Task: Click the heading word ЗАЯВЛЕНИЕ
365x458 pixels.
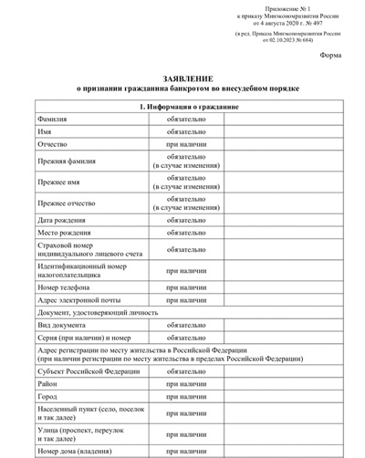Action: (182, 78)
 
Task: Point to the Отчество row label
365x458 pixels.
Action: (52, 145)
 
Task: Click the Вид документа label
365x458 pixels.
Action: (60, 325)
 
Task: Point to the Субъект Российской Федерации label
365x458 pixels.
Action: (89, 371)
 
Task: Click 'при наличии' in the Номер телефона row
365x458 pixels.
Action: (185, 286)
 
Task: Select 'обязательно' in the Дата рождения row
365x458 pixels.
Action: (185, 220)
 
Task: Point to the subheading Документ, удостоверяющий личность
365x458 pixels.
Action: (98, 312)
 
